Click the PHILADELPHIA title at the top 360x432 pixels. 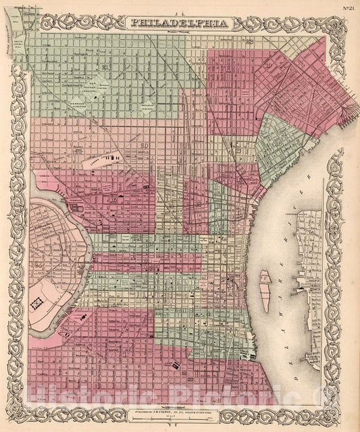coord(179,22)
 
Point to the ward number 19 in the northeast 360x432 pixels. coord(269,66)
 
